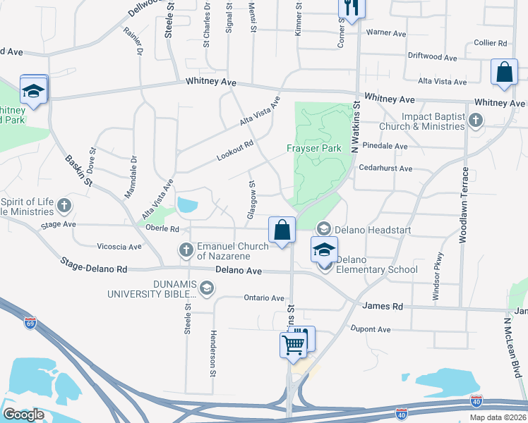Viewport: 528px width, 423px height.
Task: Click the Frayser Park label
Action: click(314, 148)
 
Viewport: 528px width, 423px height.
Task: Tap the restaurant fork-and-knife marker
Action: click(351, 8)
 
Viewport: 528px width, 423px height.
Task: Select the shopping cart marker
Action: click(292, 345)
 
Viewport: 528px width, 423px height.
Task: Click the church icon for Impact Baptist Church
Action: click(476, 121)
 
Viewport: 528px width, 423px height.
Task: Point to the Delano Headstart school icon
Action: click(324, 228)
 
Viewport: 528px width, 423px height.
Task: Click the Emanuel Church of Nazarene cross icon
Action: click(186, 250)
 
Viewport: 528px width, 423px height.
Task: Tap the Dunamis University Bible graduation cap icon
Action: click(207, 287)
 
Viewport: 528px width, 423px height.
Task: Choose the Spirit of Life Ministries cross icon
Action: click(64, 206)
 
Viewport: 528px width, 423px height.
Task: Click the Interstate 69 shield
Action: click(30, 323)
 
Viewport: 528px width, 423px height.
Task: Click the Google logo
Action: click(23, 415)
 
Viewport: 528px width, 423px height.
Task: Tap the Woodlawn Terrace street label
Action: click(464, 204)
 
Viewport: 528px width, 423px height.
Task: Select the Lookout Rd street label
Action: click(235, 149)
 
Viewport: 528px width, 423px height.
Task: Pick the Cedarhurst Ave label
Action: click(385, 168)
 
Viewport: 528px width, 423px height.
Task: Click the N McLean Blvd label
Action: click(513, 345)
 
